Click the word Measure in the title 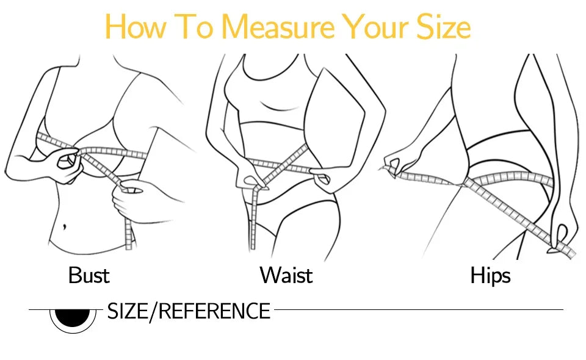tap(278, 27)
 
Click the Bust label tap(89, 275)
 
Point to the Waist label tap(286, 275)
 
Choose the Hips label tap(490, 275)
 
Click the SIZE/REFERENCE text tap(189, 311)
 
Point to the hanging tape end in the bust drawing tap(128, 235)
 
